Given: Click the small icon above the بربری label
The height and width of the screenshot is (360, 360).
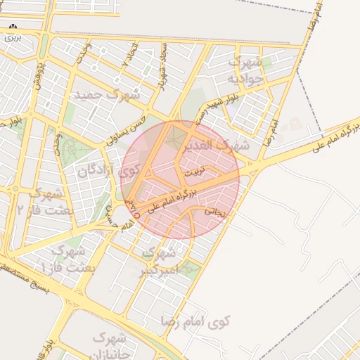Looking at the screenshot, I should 12,27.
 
